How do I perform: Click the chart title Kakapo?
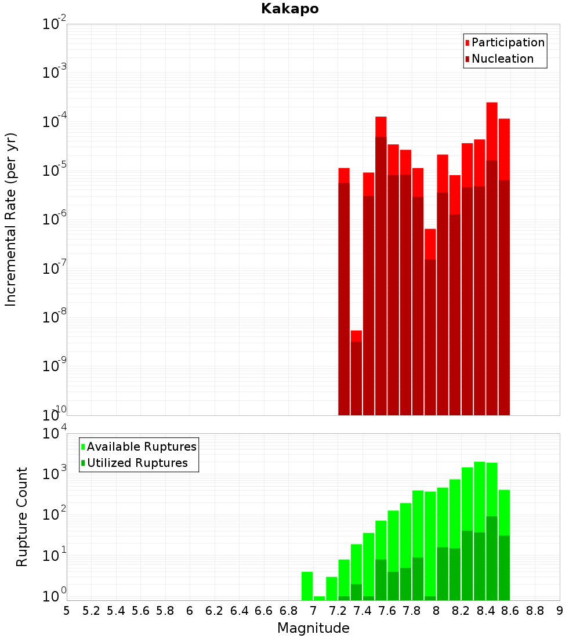[289, 9]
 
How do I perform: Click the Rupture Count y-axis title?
[22, 516]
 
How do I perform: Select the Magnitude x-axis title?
[313, 628]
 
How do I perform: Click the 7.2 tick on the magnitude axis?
[338, 611]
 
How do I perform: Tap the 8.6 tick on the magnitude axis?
[510, 611]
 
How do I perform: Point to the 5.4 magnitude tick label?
[116, 611]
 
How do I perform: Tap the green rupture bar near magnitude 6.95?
[307, 586]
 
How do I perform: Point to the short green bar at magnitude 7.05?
[319, 598]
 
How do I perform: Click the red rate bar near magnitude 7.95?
[430, 319]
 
